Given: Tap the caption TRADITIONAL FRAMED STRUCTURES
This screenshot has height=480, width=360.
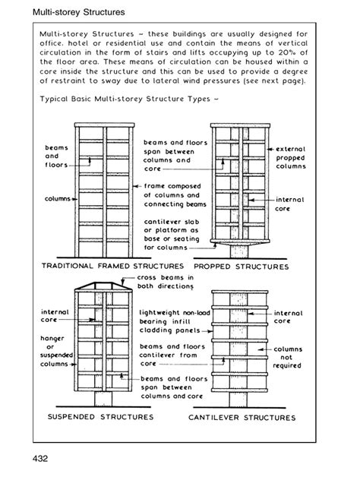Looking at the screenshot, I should click(x=112, y=267).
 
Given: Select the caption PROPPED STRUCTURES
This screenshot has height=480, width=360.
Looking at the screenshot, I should click(x=241, y=267).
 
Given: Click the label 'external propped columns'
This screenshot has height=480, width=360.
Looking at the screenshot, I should click(x=290, y=157).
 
